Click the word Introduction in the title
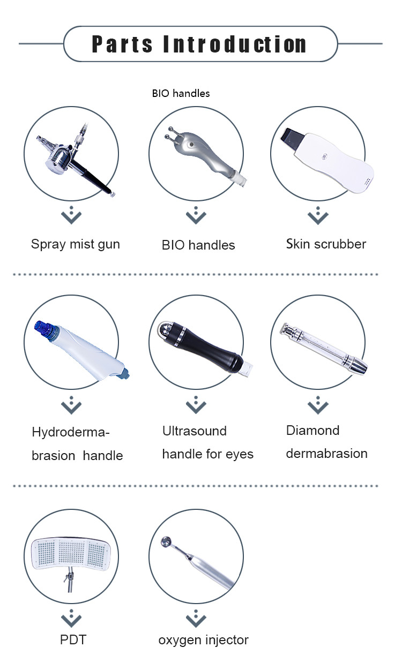235,44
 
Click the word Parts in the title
122,44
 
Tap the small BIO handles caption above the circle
181,93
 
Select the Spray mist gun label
76,244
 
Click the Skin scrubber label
326,244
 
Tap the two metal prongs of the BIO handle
170,133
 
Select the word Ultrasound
194,431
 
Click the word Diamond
312,431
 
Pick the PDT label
73,640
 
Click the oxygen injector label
203,641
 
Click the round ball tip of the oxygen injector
166,541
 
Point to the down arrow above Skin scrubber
318,215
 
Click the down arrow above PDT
71,618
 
